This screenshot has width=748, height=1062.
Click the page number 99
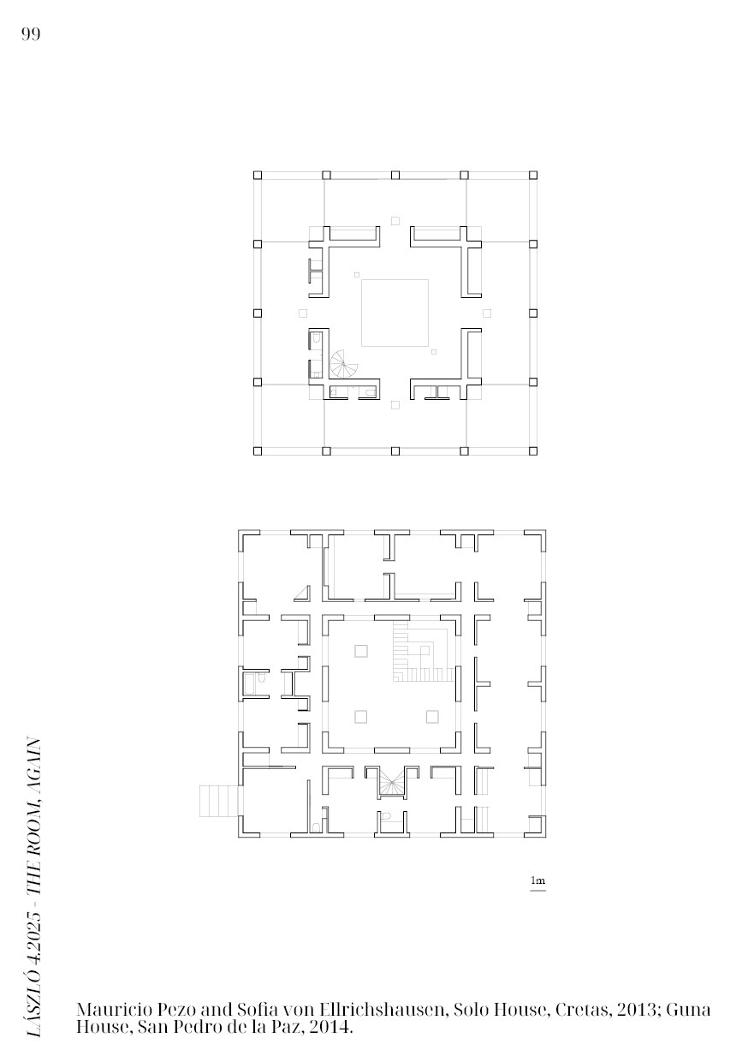[x=31, y=34]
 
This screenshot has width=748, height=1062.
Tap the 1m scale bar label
[x=537, y=880]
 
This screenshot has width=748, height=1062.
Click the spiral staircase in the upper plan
[x=344, y=364]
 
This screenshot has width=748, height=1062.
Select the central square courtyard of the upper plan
[x=395, y=313]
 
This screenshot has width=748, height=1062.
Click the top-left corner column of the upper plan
[x=258, y=176]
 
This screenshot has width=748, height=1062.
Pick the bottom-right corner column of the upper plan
[x=533, y=450]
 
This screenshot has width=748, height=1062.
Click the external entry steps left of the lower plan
[x=218, y=801]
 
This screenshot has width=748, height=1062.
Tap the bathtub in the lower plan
[x=250, y=684]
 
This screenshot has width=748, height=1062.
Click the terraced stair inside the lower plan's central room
[x=422, y=653]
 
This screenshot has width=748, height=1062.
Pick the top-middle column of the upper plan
[x=395, y=176]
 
